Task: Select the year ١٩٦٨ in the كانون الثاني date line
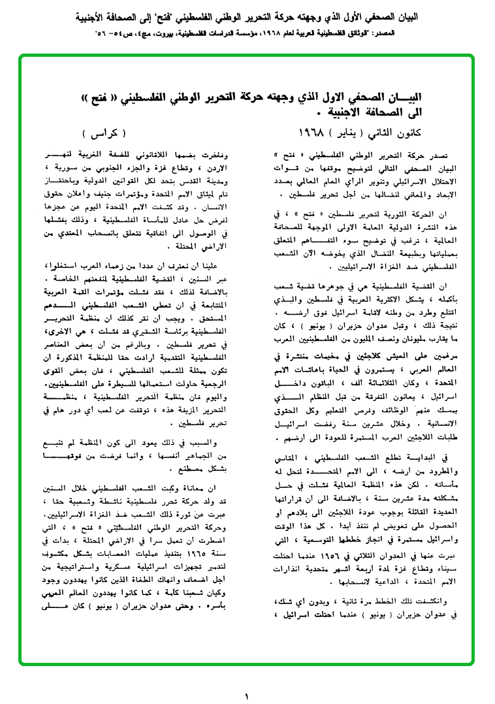(313, 133)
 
